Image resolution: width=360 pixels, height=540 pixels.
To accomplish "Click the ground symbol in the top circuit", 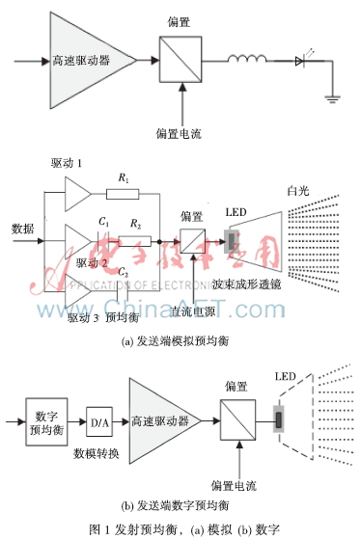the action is point(330,94).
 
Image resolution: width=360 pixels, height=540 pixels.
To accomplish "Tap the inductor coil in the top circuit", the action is point(250,63).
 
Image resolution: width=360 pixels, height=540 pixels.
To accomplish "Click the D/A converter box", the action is point(101,420).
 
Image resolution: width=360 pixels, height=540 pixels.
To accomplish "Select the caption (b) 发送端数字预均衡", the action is point(180,505).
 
